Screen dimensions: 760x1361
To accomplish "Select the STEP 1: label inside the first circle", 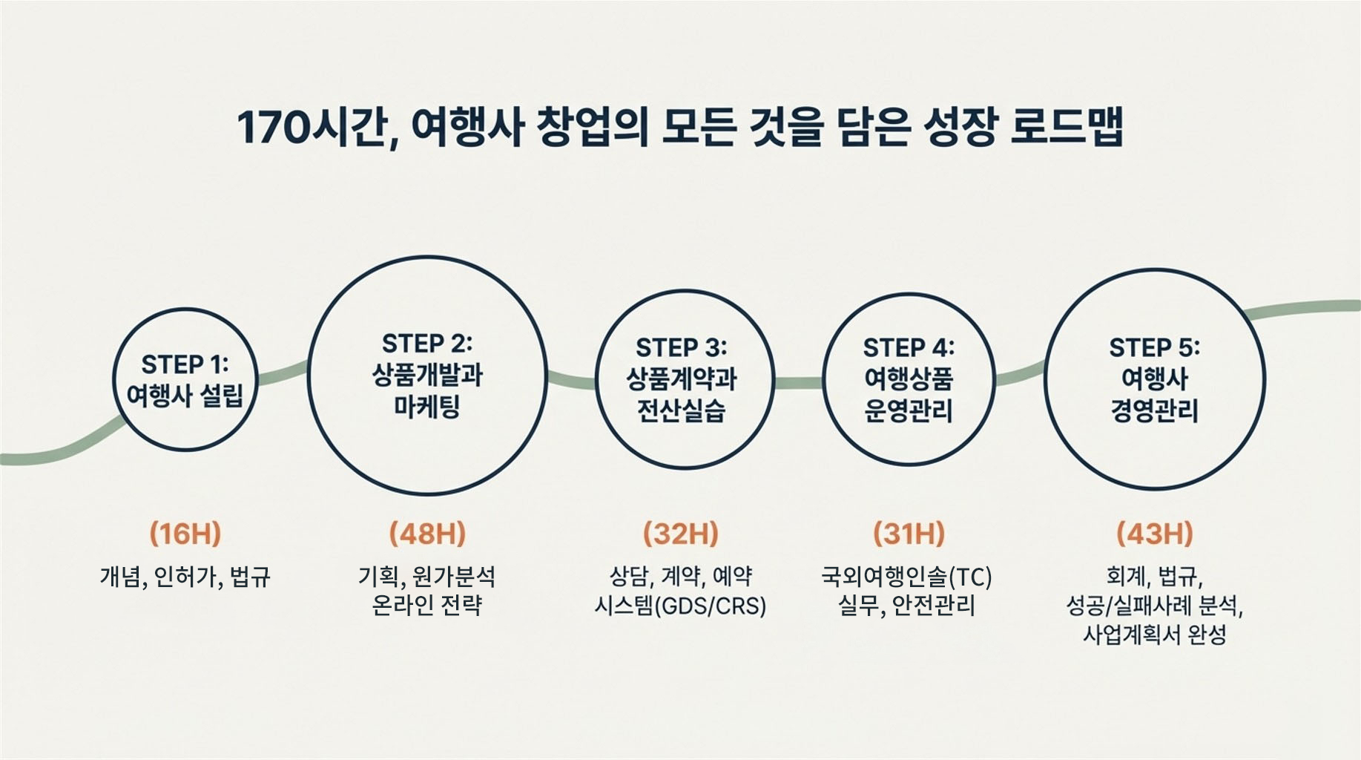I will coord(185,364).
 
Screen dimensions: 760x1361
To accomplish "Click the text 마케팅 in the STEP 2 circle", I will coord(427,407).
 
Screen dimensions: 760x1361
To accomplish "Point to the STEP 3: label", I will coord(682,347).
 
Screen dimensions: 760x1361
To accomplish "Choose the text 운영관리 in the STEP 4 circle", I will coord(908,410).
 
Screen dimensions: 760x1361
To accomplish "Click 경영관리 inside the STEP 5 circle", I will coord(1154,410).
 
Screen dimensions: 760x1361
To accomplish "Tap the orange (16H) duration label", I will coord(185,534).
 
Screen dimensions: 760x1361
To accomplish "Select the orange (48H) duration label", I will coord(427,534).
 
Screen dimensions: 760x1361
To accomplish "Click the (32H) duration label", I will coord(681,534).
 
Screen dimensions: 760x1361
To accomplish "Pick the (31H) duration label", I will coord(909,534).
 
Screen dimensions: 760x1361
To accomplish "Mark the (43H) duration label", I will coord(1155,534).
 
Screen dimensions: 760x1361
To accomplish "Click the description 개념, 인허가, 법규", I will coord(185,577).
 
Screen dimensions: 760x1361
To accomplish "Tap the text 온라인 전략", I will coord(427,606).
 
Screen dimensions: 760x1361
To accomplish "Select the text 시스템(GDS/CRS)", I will coord(681,606).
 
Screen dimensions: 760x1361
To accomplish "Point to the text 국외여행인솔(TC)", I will coord(906,577).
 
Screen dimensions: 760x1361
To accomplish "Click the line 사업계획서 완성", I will coord(1155,635).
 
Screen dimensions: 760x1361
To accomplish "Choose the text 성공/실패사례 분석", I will coord(1155,606).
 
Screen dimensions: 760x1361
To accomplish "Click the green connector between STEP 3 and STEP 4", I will coord(799,382).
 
